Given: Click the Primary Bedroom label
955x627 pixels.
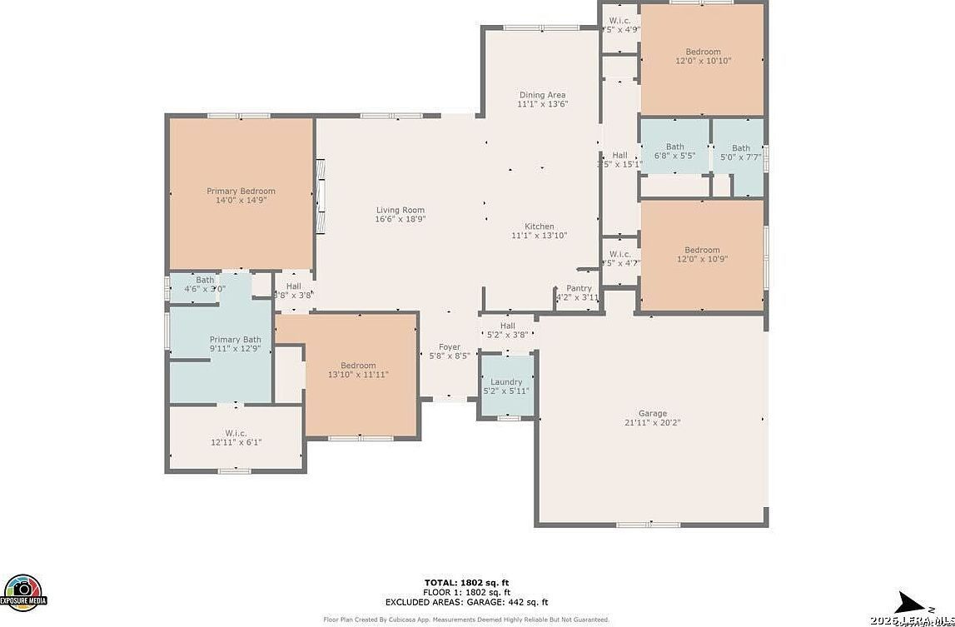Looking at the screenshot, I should click(x=241, y=191).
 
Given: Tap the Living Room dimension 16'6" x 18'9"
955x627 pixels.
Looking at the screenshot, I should click(x=400, y=220).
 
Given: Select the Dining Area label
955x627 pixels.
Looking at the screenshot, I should click(x=542, y=95).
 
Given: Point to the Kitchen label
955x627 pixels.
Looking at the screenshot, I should click(x=539, y=226).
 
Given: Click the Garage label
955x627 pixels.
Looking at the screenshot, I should click(x=652, y=413).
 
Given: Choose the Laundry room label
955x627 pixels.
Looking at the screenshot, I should click(x=506, y=381).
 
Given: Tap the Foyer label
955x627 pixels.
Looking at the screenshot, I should click(x=450, y=347).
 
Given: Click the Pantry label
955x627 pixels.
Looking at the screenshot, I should click(x=579, y=288).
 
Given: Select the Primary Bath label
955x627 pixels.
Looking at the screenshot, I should click(x=235, y=339).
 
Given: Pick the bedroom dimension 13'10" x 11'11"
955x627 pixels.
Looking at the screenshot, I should click(x=358, y=375).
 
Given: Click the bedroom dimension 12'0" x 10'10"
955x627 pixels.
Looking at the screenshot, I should click(x=703, y=61).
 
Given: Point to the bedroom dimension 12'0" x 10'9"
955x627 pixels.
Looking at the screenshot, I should click(x=702, y=259).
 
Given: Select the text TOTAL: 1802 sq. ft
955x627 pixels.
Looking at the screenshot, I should click(x=466, y=582).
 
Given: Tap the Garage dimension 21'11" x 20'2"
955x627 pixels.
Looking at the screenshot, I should click(x=652, y=422).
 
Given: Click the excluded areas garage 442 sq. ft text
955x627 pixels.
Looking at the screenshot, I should click(x=466, y=601).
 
